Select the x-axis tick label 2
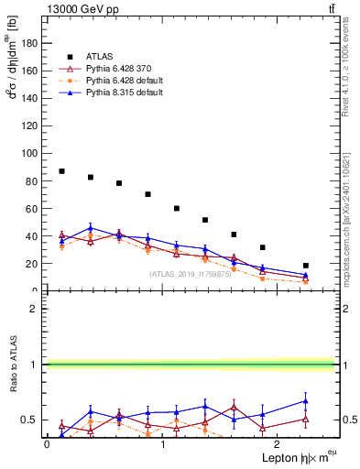(x=278, y=444)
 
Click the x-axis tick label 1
(x=162, y=444)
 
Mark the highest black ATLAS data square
(x=61, y=171)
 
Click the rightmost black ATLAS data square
(x=305, y=266)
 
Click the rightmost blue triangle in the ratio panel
(x=305, y=401)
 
